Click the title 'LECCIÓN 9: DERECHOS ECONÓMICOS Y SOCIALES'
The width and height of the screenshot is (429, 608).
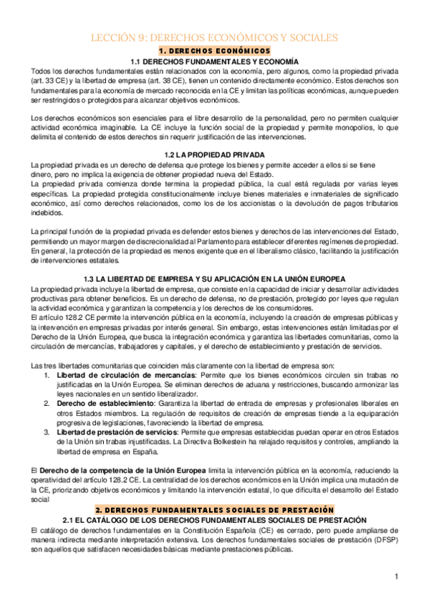[214, 37]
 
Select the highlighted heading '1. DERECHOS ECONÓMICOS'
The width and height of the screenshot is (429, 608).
[214, 52]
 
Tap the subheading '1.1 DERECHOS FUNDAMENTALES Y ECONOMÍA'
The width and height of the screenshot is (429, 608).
[214, 62]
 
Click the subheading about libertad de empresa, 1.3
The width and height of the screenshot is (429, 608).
[214, 278]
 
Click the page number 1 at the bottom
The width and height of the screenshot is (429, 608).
[396, 576]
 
